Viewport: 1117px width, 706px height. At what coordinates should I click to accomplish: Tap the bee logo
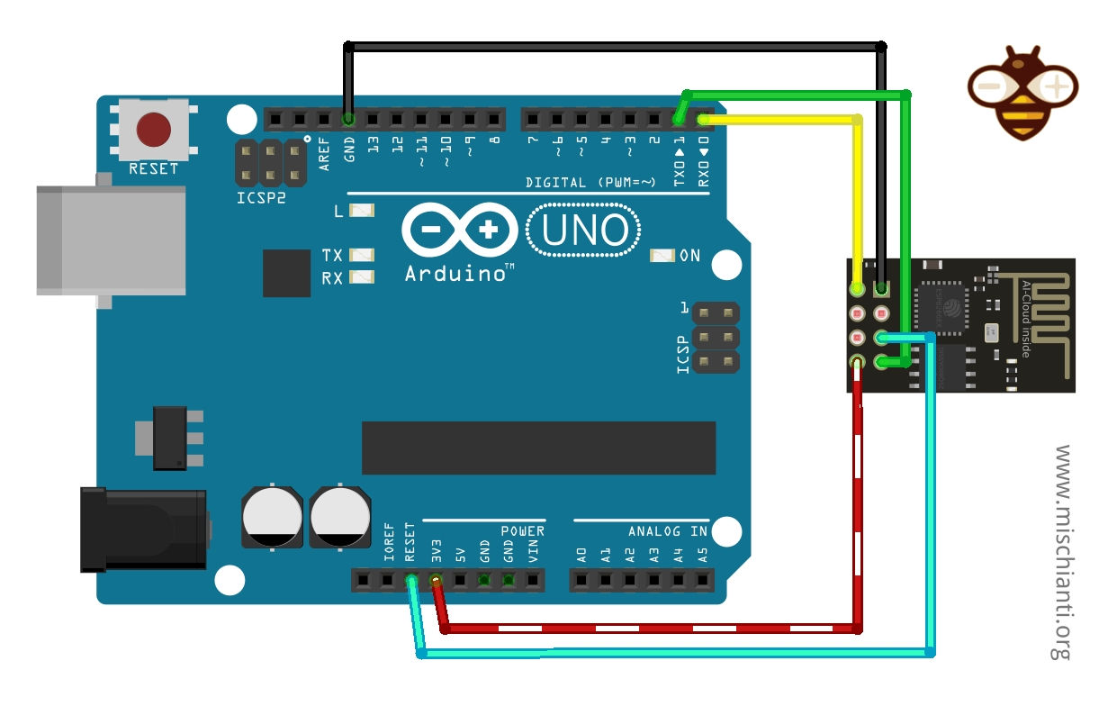pos(1022,92)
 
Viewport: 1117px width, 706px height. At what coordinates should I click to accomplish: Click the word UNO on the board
pos(585,231)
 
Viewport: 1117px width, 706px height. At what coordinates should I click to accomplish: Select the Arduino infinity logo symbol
pos(459,231)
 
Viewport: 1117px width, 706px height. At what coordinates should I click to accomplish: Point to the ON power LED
pos(662,256)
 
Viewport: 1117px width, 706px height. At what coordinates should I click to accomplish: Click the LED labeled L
pos(362,211)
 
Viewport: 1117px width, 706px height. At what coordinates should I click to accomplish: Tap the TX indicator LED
pos(362,256)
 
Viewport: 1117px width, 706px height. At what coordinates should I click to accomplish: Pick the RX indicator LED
pos(362,278)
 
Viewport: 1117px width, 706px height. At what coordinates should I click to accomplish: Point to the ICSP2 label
pos(262,197)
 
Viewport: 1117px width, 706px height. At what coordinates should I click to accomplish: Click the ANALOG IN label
pos(668,531)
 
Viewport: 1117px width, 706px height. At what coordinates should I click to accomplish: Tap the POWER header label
pos(522,531)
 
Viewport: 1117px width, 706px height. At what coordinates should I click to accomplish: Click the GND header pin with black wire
pos(349,119)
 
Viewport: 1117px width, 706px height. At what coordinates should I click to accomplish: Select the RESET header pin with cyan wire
pos(411,581)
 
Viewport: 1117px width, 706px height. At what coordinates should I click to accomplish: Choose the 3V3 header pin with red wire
pos(437,581)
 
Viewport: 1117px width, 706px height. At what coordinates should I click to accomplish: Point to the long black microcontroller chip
pos(538,448)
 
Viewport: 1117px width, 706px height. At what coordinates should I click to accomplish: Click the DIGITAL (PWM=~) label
pos(590,183)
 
